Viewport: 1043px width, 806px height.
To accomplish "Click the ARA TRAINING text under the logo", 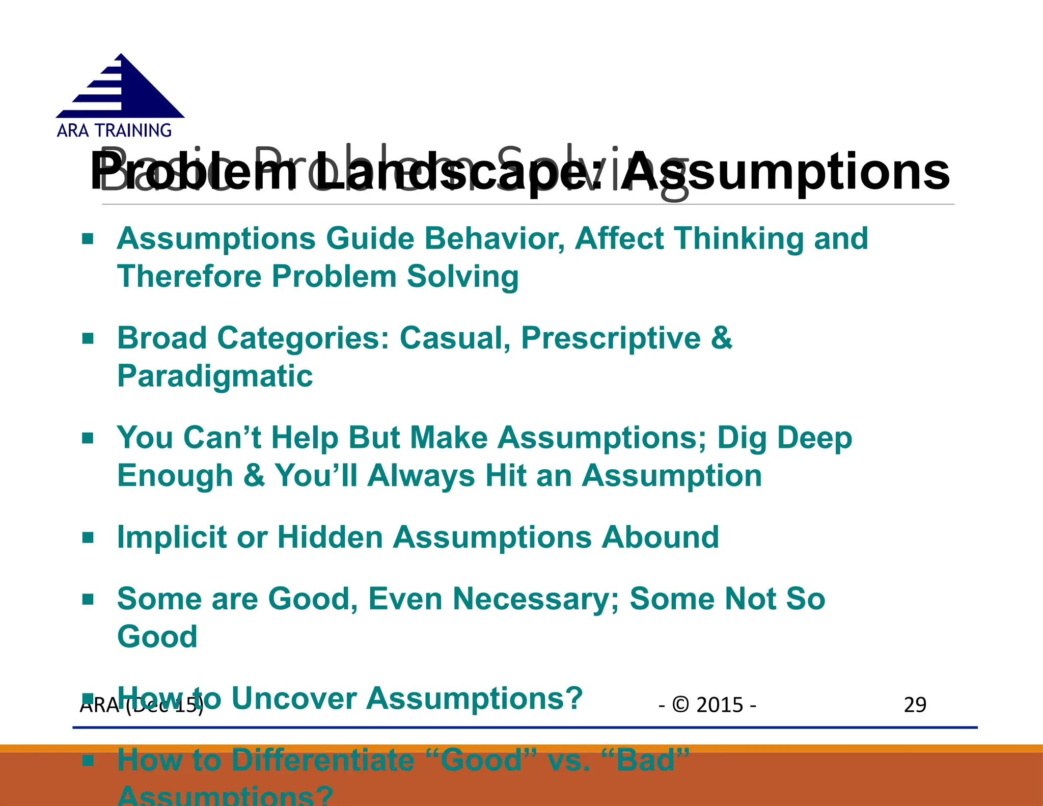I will click(x=114, y=131).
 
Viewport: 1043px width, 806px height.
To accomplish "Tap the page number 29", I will click(x=915, y=705).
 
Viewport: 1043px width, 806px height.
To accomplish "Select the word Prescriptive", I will click(x=611, y=338).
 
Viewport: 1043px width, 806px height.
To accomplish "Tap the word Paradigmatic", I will click(x=215, y=376).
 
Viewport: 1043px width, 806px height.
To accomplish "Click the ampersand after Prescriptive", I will click(x=722, y=338).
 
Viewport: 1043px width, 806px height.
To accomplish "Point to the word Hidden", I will click(x=330, y=537).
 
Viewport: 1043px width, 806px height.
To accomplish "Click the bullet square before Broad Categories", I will click(x=88, y=338).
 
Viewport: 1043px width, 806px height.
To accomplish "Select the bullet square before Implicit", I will click(x=88, y=538).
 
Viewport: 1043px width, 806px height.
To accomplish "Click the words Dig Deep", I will click(x=784, y=438).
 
